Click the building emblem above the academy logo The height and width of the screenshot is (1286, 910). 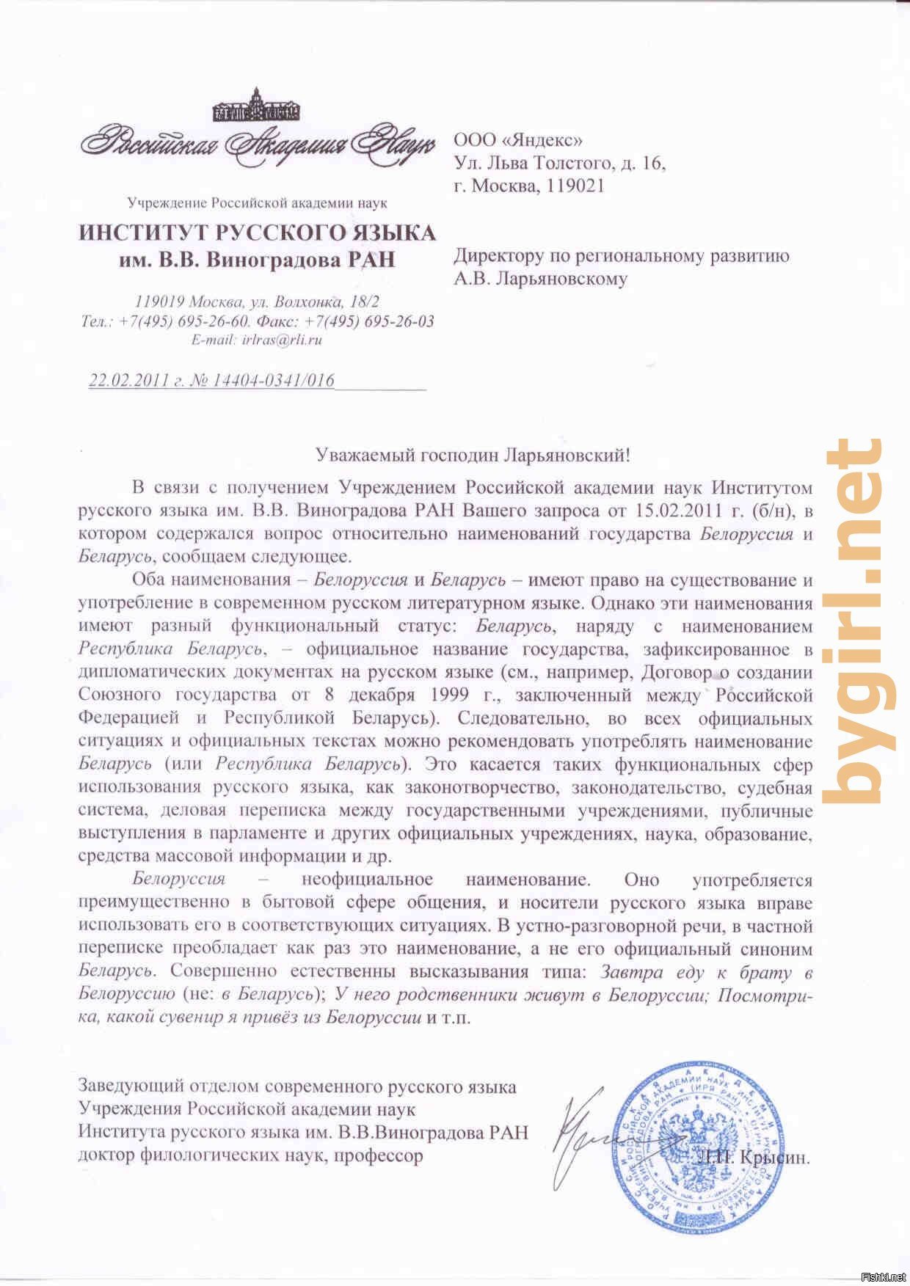(257, 106)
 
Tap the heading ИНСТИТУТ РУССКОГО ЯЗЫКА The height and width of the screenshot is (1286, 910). (257, 233)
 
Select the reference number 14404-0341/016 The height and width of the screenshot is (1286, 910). (272, 380)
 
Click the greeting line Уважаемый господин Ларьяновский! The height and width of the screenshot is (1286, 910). (473, 455)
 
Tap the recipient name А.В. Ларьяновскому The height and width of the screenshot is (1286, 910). (540, 279)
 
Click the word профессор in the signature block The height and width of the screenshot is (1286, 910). (382, 1156)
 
